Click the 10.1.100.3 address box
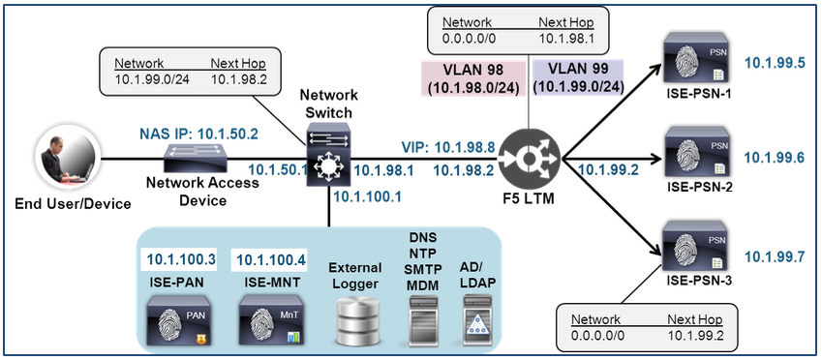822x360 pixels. pyautogui.click(x=180, y=258)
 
